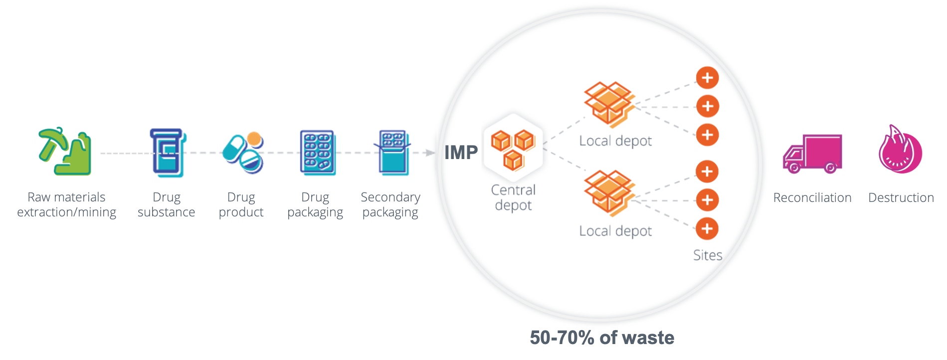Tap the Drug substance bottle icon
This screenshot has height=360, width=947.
pyautogui.click(x=167, y=152)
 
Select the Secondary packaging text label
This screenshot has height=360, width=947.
pyautogui.click(x=393, y=206)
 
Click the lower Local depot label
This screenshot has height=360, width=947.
pyautogui.click(x=616, y=232)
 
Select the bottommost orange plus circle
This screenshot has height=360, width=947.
pyautogui.click(x=707, y=228)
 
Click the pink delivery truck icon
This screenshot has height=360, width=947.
pyautogui.click(x=811, y=154)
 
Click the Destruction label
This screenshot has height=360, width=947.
pyautogui.click(x=901, y=200)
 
